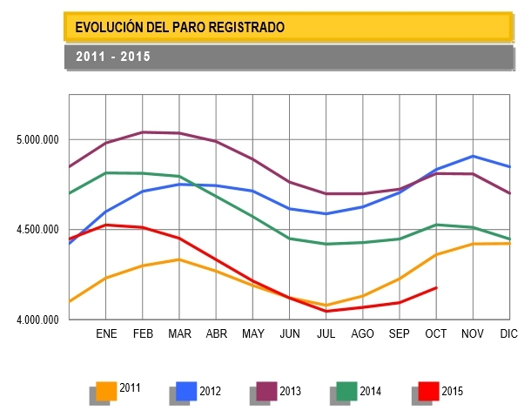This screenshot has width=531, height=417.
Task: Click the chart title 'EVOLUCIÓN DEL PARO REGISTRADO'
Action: (x=180, y=28)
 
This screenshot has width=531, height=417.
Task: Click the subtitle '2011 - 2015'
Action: (x=113, y=57)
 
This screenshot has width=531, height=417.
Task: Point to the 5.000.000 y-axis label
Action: (x=37, y=140)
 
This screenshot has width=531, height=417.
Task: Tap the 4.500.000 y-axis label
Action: (x=37, y=230)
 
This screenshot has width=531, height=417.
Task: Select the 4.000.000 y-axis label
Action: (x=37, y=319)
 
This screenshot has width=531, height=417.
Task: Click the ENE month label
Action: (x=106, y=334)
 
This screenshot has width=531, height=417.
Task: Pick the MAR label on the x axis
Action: (x=179, y=334)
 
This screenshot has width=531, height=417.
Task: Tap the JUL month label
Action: (x=326, y=334)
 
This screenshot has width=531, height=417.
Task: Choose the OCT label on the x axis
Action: (x=435, y=334)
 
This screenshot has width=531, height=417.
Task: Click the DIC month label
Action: (x=508, y=334)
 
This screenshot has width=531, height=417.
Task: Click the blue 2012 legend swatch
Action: (x=186, y=390)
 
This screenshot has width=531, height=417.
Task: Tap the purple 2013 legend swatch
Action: (x=266, y=390)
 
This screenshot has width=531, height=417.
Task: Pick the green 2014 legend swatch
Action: (x=346, y=390)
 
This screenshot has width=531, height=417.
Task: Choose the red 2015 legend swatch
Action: (x=428, y=390)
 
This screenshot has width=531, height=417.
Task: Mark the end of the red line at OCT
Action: (x=435, y=287)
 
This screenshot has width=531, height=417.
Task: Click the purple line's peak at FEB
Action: (x=143, y=132)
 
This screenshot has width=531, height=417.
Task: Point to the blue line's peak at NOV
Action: (x=472, y=157)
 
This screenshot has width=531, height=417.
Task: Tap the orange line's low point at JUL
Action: (x=326, y=306)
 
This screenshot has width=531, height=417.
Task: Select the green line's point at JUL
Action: (x=326, y=244)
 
